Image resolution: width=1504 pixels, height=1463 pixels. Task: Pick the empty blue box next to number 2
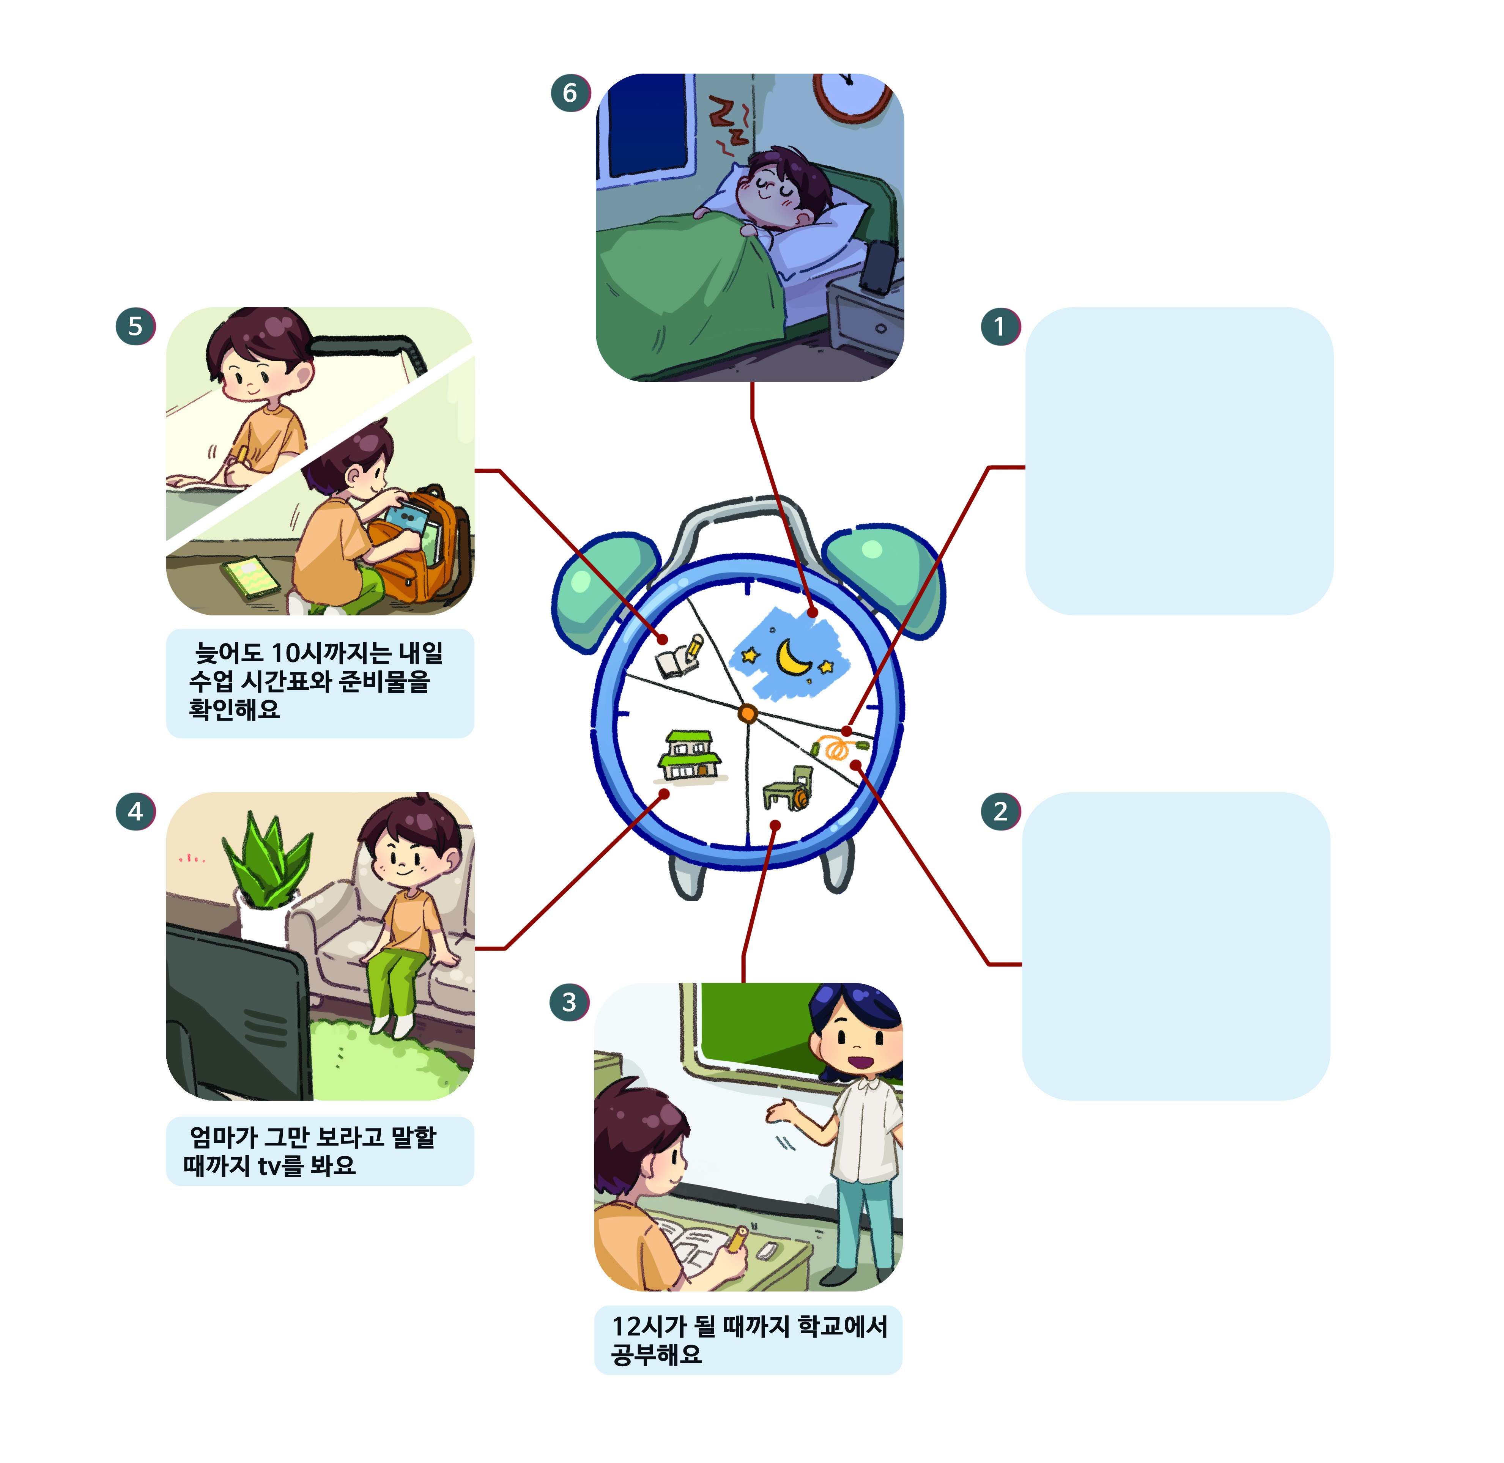point(1176,946)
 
